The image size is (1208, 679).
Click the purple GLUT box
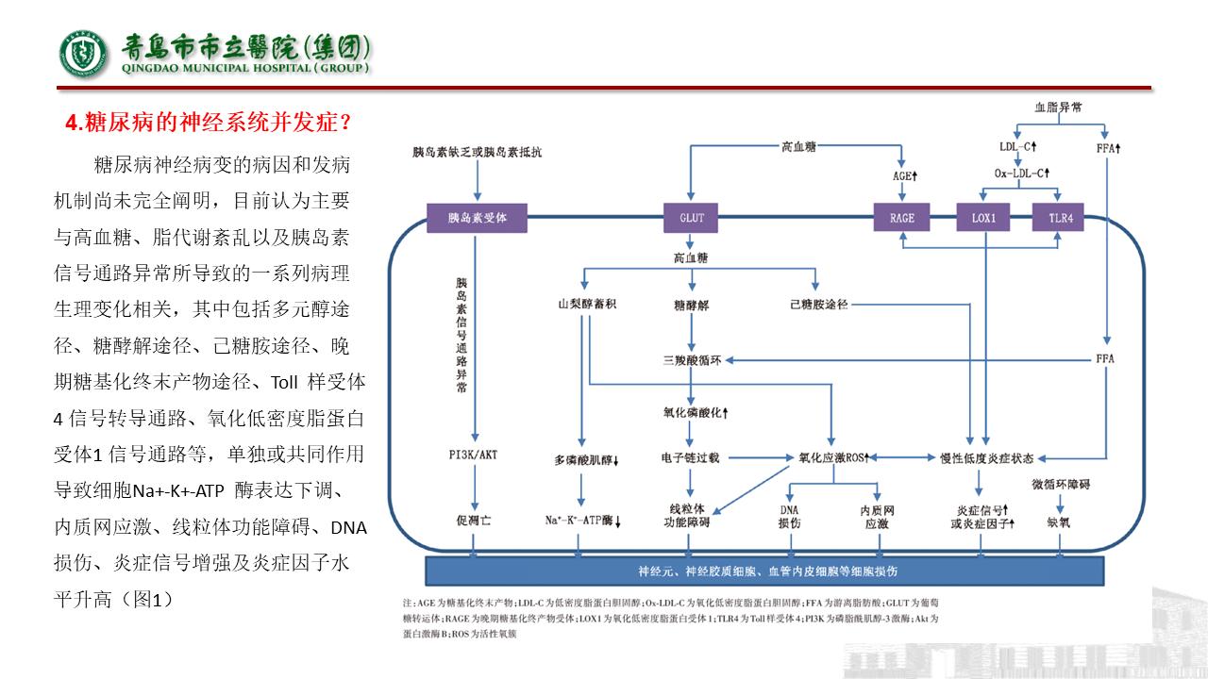(x=692, y=218)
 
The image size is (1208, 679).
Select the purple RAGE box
(x=902, y=218)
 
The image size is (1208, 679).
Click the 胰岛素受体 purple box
(x=478, y=218)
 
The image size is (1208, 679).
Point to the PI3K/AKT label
(x=473, y=455)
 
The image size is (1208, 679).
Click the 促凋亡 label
(x=473, y=520)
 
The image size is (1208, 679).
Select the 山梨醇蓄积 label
(x=587, y=304)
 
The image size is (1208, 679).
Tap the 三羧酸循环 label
(x=692, y=359)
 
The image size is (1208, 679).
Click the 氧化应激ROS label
(x=831, y=458)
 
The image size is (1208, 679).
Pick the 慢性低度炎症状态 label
(x=986, y=458)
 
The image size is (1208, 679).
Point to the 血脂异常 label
(x=1059, y=108)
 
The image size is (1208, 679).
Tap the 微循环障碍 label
(x=1060, y=485)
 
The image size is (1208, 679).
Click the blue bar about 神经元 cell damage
(x=766, y=571)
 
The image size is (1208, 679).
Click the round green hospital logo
(x=85, y=55)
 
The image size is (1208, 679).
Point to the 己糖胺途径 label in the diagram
(x=819, y=304)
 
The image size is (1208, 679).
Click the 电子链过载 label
(x=691, y=458)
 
